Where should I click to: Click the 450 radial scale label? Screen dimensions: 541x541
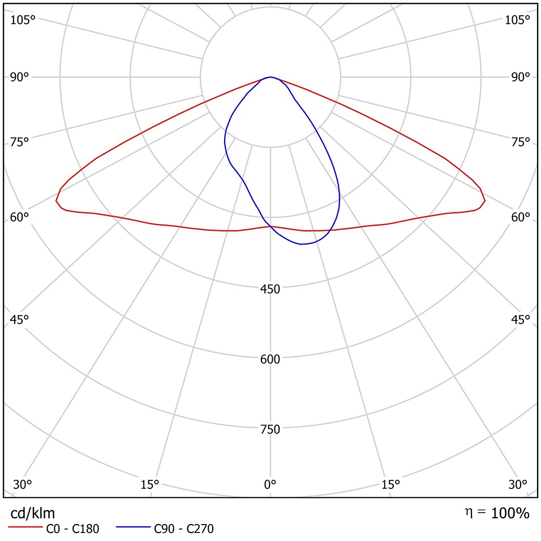[x=270, y=289]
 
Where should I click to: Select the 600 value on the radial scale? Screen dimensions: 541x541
[x=270, y=359]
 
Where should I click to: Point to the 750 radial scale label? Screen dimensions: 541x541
[x=270, y=430]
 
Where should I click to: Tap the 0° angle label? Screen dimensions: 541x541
[x=270, y=484]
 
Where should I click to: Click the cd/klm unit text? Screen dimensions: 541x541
[x=33, y=513]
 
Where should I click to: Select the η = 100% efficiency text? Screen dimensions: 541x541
[x=497, y=513]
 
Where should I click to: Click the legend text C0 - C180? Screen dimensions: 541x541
[x=72, y=530]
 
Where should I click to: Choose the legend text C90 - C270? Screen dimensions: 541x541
[x=184, y=530]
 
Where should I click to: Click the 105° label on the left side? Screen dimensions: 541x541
[x=23, y=20]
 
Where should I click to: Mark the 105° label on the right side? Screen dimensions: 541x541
[x=517, y=20]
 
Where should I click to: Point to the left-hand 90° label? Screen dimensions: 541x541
[x=19, y=77]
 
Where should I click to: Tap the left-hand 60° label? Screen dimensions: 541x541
[x=19, y=217]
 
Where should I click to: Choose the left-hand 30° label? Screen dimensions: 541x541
[x=23, y=484]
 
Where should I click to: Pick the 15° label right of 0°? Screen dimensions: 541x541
[x=390, y=484]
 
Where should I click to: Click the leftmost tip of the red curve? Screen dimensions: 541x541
[x=56, y=200]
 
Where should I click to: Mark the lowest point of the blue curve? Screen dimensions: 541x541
[x=302, y=244]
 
